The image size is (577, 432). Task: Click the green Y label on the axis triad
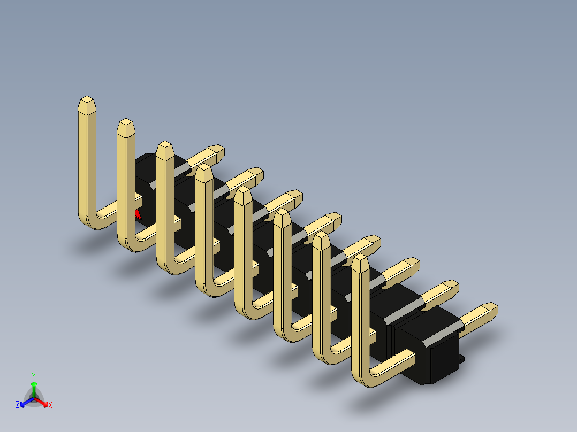33,375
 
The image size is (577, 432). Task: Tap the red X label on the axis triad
50,405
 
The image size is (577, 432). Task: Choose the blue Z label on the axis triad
18,405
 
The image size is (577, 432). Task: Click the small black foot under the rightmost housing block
461,361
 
